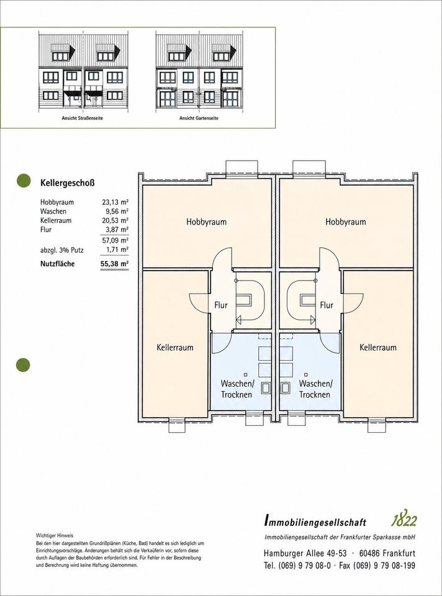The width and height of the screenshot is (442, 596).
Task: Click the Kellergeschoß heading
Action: [x=67, y=183]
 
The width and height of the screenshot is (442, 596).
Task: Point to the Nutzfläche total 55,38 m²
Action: [x=115, y=264]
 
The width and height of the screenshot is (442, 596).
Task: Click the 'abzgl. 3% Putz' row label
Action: [x=62, y=250]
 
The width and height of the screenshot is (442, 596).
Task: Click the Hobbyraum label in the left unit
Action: [x=206, y=222]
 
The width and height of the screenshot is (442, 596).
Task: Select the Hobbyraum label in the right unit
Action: [x=345, y=222]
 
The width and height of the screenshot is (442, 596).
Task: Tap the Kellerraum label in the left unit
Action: [x=175, y=348]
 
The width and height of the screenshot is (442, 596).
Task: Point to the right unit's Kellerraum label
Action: [x=378, y=348]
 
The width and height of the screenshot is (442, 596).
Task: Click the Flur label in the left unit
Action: [x=221, y=305]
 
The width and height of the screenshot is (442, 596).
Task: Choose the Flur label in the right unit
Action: [x=327, y=305]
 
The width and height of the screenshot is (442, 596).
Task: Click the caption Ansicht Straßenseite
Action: [x=83, y=118]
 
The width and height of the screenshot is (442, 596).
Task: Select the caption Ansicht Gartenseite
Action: [x=199, y=118]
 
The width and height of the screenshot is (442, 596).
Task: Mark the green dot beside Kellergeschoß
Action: [x=23, y=181]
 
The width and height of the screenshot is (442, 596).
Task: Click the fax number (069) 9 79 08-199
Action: [x=384, y=566]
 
